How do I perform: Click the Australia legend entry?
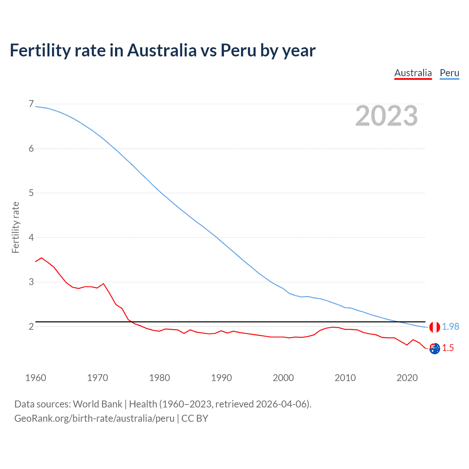pyautogui.click(x=413, y=73)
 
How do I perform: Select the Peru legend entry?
pyautogui.click(x=449, y=73)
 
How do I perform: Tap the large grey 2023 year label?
pyautogui.click(x=386, y=116)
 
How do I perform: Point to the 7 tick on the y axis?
pyautogui.click(x=31, y=104)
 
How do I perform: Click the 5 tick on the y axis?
pyautogui.click(x=31, y=193)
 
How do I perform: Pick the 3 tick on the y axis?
pyautogui.click(x=31, y=282)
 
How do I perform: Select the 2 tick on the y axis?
pyautogui.click(x=31, y=326)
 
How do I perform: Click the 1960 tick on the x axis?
pyautogui.click(x=36, y=378)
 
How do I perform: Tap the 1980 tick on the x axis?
pyautogui.click(x=159, y=378)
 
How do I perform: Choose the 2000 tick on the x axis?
pyautogui.click(x=283, y=378)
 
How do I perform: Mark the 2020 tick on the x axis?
pyautogui.click(x=407, y=378)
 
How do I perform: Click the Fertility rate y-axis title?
pyautogui.click(x=15, y=227)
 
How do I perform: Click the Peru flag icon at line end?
pyautogui.click(x=435, y=327)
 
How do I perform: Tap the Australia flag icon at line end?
pyautogui.click(x=435, y=348)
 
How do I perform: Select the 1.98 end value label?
pyautogui.click(x=450, y=326)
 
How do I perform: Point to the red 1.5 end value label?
pyautogui.click(x=448, y=348)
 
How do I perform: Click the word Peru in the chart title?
pyautogui.click(x=238, y=50)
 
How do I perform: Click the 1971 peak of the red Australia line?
pyautogui.click(x=103, y=284)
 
